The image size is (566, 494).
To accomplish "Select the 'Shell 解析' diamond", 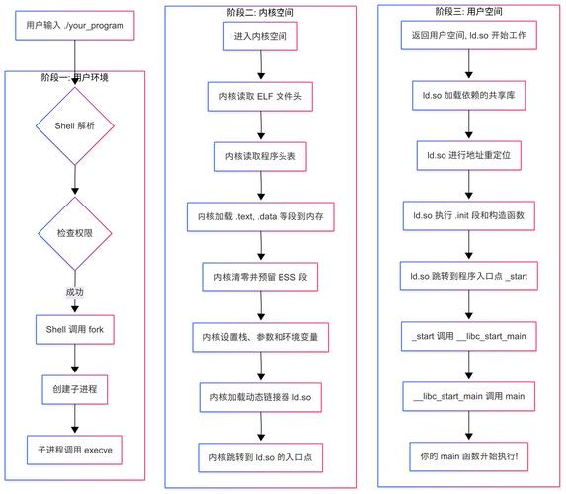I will [x=75, y=126].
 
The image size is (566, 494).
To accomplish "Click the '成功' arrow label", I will [x=75, y=292].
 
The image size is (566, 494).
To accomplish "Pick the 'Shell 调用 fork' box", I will [x=75, y=328].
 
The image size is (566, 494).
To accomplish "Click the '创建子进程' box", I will [x=75, y=388].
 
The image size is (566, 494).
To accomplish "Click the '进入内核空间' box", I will [x=261, y=35].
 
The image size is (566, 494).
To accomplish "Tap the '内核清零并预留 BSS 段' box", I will [x=261, y=277].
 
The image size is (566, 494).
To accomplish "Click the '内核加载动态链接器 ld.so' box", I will [x=261, y=397].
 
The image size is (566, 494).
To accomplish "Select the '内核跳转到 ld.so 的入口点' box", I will [x=261, y=457].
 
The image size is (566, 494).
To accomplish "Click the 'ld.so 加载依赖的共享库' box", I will [x=468, y=96].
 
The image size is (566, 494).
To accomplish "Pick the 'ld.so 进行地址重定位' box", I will [x=468, y=156].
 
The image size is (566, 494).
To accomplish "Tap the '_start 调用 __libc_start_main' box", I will [x=468, y=336].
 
